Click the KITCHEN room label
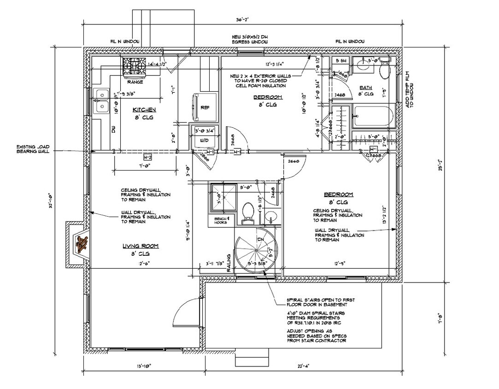(x=144, y=110)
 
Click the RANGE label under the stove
(x=135, y=82)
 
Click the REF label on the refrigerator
(x=205, y=107)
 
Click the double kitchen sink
(x=100, y=101)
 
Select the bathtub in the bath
(x=373, y=116)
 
